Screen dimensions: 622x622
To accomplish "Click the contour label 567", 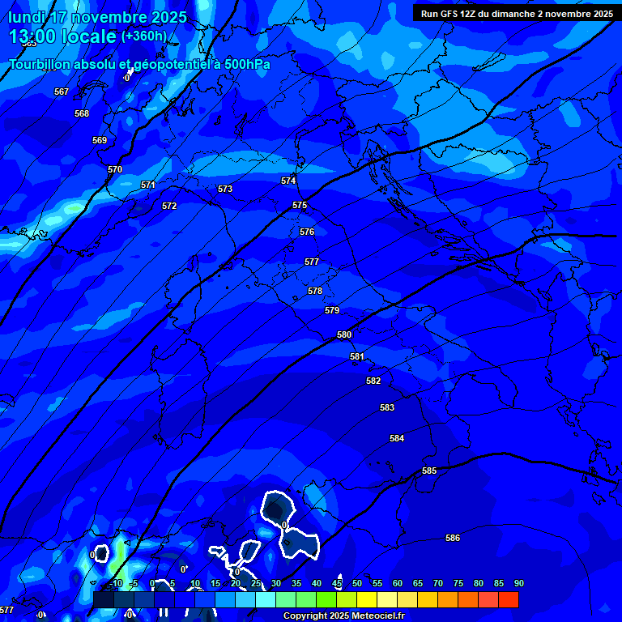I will tap(62, 92).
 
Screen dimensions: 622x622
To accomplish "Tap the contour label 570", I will tap(115, 169).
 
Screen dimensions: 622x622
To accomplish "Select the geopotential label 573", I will tap(225, 189).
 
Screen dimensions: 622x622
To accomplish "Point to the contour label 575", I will tap(300, 205).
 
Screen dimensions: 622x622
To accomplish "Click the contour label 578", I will tap(315, 291).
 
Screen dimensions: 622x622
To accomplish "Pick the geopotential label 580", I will tap(344, 334).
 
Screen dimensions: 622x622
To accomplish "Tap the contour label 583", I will tap(387, 407).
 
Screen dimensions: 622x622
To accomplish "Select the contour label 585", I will tap(429, 471).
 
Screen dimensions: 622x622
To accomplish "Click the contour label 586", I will tap(453, 538).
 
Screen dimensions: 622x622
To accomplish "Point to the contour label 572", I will tap(169, 206).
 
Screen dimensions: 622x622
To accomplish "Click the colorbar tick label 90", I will tap(518, 583).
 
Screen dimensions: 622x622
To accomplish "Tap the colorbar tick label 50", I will tap(357, 583).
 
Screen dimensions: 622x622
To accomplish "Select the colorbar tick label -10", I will tap(115, 583).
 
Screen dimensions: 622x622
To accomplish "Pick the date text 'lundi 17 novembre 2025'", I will tap(97, 17).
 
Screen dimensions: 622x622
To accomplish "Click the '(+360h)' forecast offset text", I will tap(144, 36).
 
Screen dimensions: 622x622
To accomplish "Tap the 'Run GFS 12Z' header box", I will tap(516, 14).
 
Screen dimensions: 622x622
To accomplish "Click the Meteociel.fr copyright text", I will tap(343, 616).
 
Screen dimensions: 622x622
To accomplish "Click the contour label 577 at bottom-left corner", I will tap(6, 610).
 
